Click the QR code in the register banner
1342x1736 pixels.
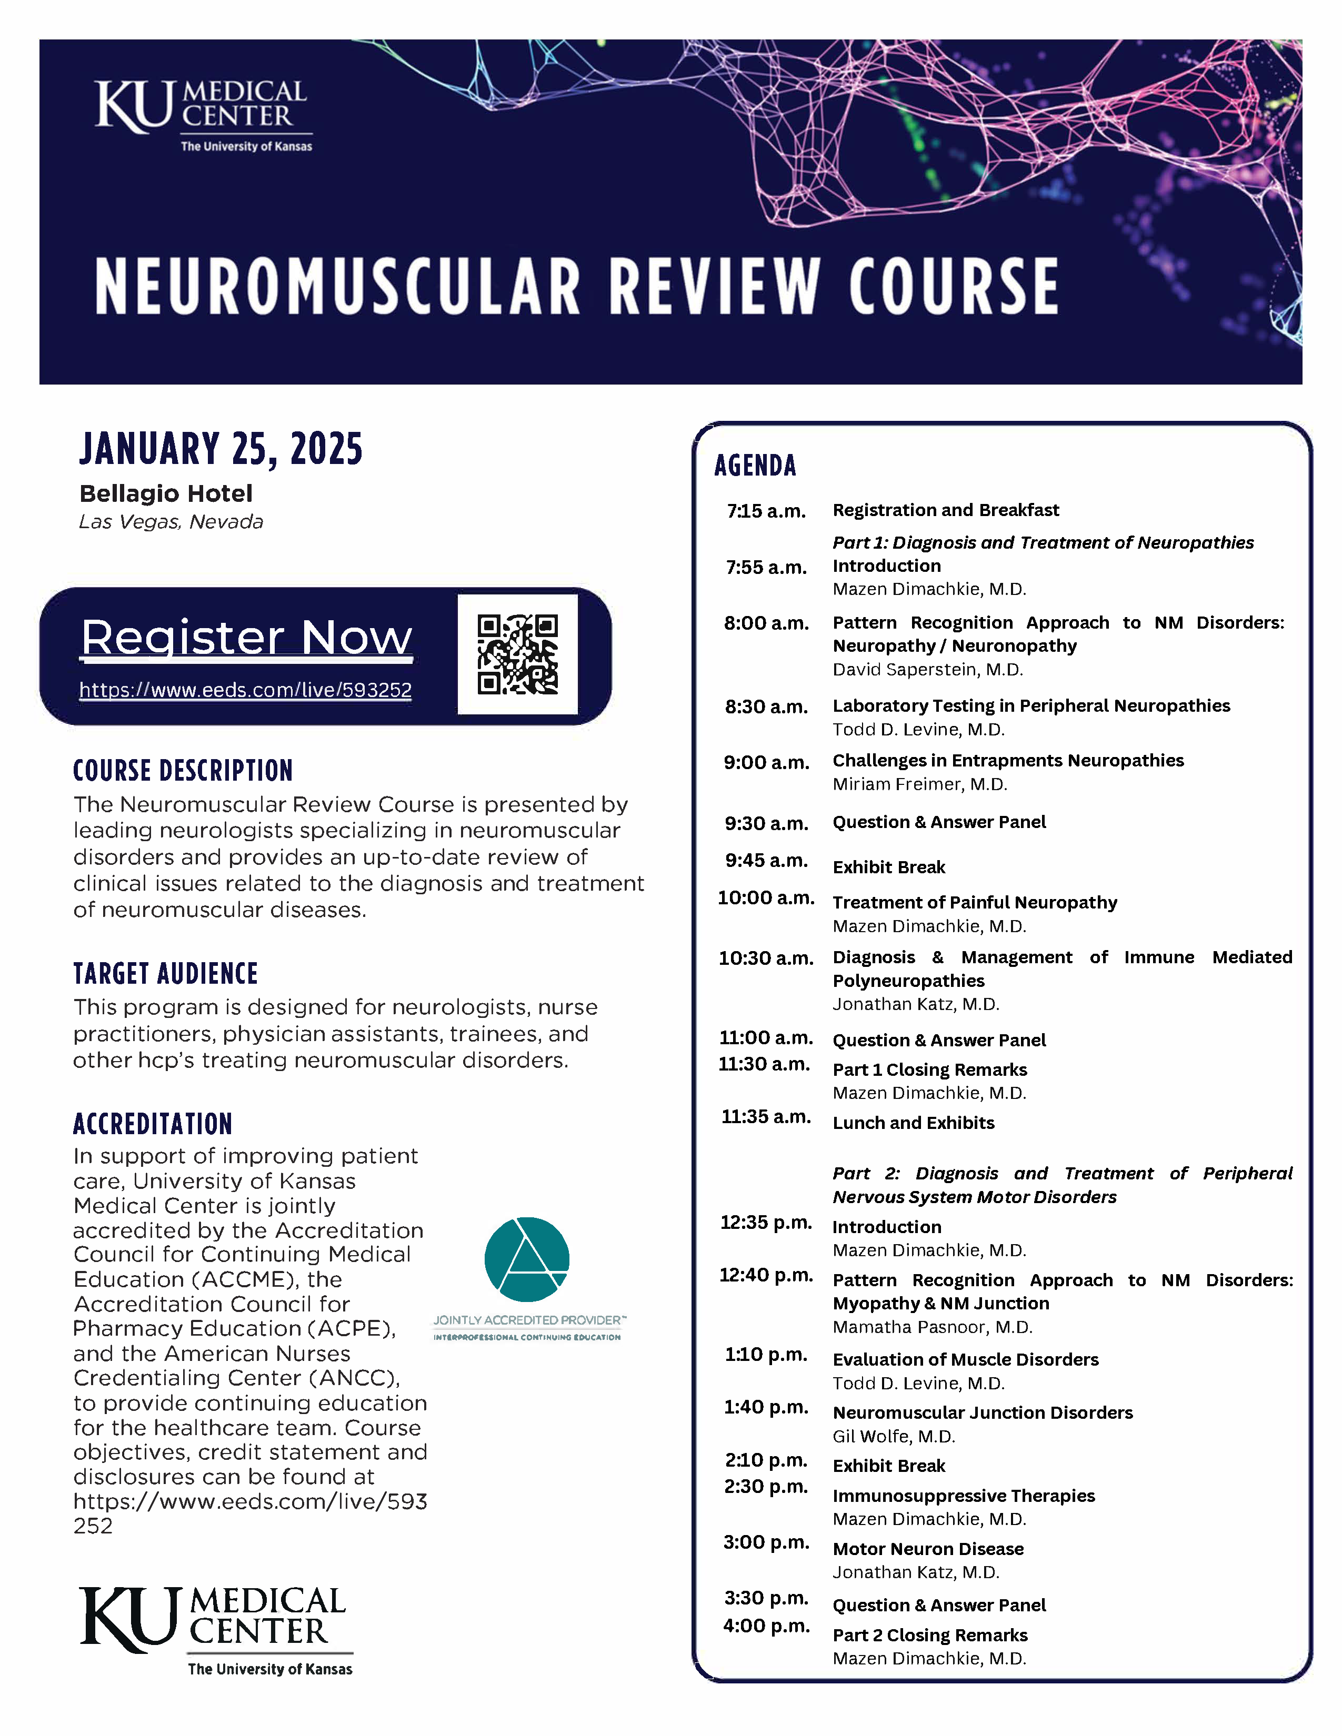point(517,654)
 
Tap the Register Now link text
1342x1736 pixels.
point(246,638)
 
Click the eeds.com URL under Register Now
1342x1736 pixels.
point(246,690)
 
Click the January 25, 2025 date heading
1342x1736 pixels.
point(221,449)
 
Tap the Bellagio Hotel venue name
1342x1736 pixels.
point(166,493)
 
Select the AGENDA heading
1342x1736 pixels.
point(755,466)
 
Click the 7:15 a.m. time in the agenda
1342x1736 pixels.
point(766,511)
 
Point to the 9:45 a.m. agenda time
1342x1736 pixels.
point(766,861)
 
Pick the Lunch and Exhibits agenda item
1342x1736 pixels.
point(914,1123)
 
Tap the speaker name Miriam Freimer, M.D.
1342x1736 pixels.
point(920,784)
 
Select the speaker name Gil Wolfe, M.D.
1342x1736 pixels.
point(894,1436)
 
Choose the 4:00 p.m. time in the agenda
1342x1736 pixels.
point(766,1626)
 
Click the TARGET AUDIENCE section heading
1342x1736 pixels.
point(165,974)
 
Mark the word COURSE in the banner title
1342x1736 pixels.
point(953,286)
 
